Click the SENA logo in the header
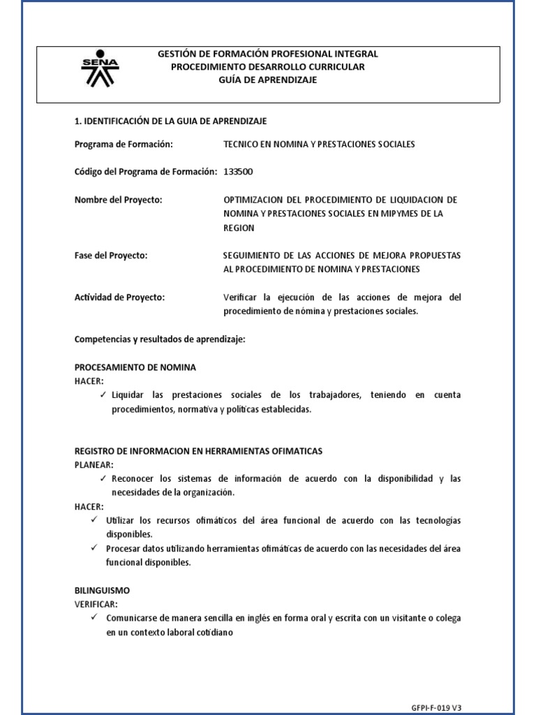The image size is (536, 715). (100, 68)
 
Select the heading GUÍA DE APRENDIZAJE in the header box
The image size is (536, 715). (268, 80)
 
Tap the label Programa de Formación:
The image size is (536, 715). (123, 145)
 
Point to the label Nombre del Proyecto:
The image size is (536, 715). (118, 200)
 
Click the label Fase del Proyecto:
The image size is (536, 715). (111, 256)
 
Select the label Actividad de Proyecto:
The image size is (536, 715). (119, 297)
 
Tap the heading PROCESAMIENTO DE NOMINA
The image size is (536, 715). (135, 367)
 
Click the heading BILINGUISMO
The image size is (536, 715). (102, 590)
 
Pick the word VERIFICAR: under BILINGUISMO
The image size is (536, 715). (96, 604)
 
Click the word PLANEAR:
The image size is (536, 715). (94, 464)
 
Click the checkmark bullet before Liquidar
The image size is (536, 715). (103, 395)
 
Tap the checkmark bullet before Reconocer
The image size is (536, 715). (103, 479)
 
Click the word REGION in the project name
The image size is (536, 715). (239, 228)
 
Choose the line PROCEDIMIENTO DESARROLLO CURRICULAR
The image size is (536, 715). (268, 66)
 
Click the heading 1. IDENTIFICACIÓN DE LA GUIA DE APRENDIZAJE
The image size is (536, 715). (170, 121)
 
